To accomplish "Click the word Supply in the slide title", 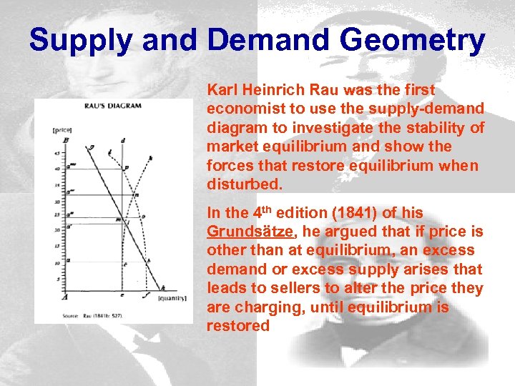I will pos(79,41).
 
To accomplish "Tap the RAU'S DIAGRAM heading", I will pos(115,105).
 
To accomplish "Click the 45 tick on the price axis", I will pos(57,154).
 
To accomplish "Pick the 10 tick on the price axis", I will pos(57,261).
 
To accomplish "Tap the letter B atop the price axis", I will pos(66,141).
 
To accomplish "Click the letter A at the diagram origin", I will pos(65,297).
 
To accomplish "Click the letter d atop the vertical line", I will pos(123,140).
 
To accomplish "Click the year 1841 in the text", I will pos(335,214).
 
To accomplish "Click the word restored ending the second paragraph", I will pos(238,325).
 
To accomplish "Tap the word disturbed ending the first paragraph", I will pos(243,184).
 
